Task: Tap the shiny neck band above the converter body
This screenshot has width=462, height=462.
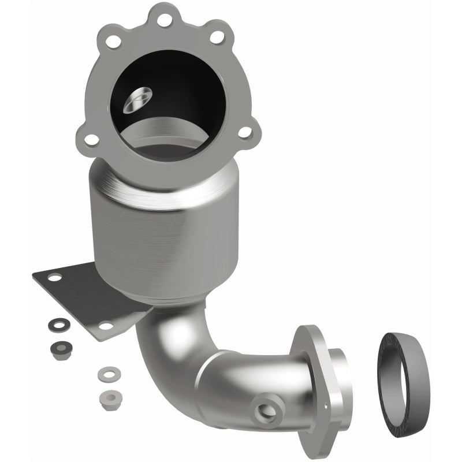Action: coord(173,193)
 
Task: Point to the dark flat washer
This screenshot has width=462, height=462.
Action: coord(56,322)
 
